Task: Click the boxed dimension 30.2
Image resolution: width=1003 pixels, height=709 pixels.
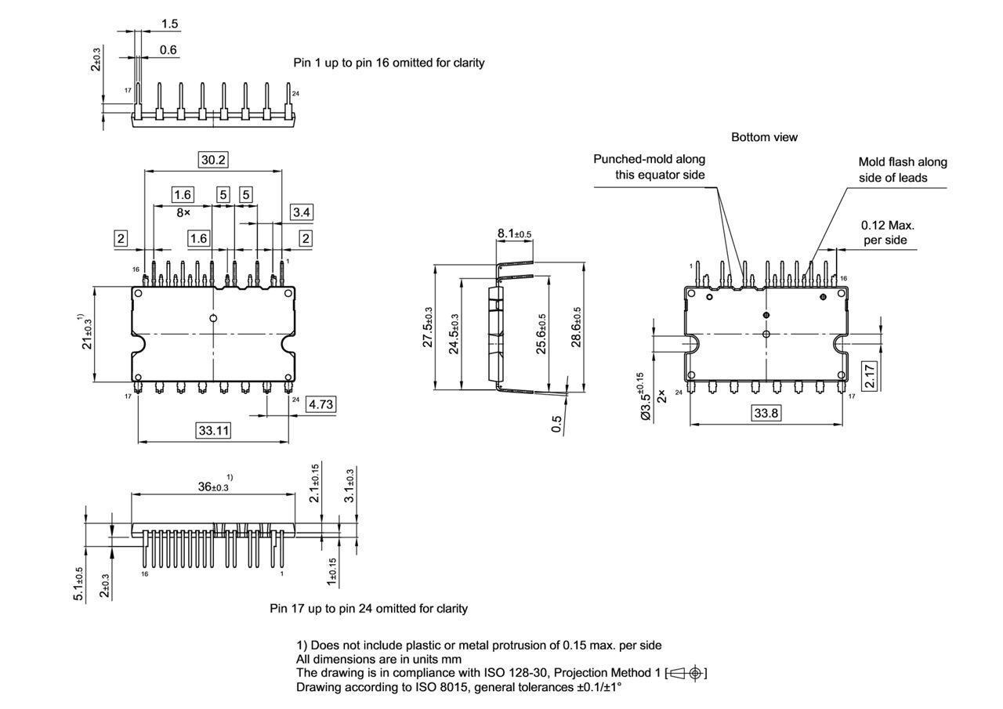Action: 213,160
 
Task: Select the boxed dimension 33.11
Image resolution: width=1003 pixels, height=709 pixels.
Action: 213,431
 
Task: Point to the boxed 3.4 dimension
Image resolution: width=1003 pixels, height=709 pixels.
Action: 302,212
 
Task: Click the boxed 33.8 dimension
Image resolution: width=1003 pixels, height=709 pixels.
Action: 766,413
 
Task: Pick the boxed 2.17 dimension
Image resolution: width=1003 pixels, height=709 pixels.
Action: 870,375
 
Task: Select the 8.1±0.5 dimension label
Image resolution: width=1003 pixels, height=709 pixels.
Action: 514,233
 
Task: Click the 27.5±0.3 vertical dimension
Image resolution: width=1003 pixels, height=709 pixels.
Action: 429,327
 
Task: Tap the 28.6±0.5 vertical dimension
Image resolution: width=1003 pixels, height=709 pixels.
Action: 578,327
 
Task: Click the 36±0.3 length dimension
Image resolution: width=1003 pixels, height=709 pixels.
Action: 212,487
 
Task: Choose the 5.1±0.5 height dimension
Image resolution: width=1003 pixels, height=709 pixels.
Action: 79,584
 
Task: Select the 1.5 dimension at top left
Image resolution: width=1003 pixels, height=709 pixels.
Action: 169,24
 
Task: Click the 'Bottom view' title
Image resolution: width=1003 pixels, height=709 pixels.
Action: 764,137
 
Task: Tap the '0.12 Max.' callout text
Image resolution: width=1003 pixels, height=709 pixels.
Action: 887,225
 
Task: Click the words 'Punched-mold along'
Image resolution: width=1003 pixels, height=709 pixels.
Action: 649,159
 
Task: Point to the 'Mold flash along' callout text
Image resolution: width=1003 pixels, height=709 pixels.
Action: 902,162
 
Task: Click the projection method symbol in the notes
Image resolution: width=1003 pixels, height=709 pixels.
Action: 687,673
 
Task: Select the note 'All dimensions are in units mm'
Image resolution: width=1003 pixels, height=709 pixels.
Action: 378,660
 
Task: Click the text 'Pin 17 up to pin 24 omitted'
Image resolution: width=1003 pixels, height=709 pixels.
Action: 368,608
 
